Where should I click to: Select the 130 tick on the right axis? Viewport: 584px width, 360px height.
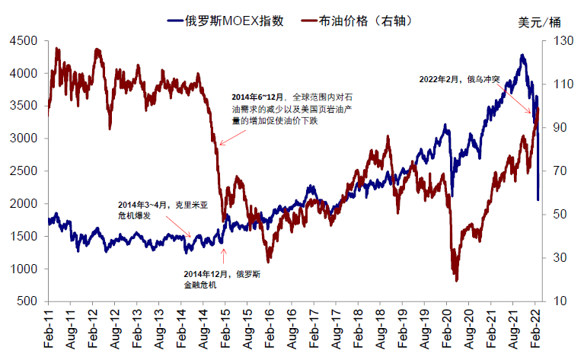(x=557, y=41)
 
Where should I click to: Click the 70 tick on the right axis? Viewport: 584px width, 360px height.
(x=554, y=171)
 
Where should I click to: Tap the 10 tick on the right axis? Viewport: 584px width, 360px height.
(x=554, y=301)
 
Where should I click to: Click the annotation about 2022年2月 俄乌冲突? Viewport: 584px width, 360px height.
(x=460, y=78)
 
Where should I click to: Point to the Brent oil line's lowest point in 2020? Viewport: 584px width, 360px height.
(x=457, y=280)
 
